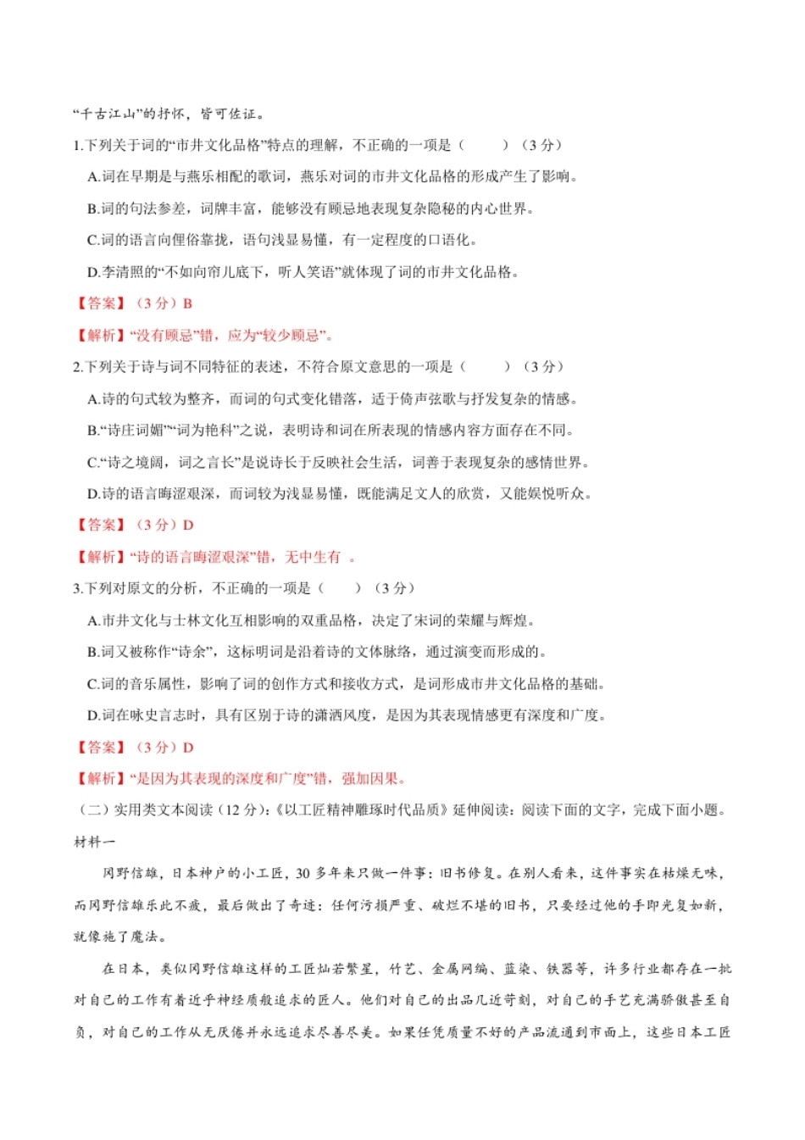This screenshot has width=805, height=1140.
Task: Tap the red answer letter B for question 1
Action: pos(187,303)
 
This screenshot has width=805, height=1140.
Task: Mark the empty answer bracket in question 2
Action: pos(486,367)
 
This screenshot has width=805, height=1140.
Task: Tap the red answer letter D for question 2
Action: pos(188,526)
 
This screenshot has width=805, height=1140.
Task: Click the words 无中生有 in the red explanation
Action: pos(313,557)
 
